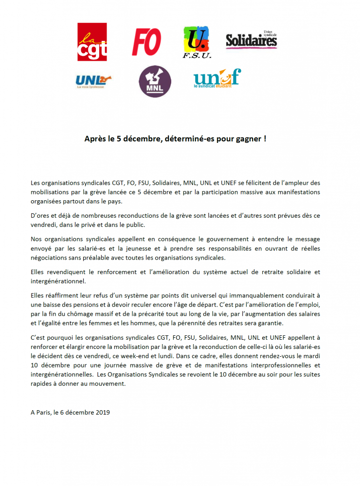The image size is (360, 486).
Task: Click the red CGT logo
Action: pos(92,42)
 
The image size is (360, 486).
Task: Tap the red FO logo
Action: pos(146,42)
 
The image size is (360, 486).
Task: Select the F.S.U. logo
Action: pos(197,42)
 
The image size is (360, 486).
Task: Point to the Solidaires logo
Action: pos(251,40)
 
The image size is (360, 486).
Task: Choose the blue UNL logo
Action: pos(93,80)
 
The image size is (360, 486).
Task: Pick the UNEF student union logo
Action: pos(217,78)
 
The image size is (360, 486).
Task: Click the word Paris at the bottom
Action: pos(44,412)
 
